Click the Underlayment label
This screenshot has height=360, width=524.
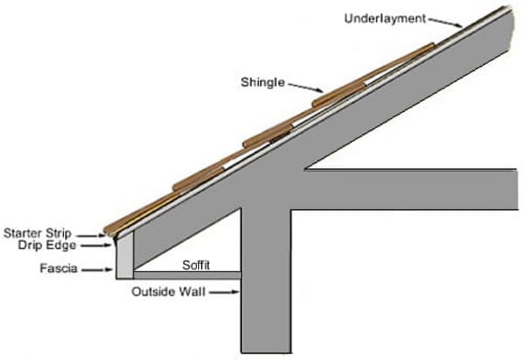(385, 18)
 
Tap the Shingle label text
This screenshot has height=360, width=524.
(262, 82)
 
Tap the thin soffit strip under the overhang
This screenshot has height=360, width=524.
(187, 275)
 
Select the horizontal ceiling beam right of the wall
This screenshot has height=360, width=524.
(409, 189)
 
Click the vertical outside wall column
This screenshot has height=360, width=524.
(266, 286)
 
